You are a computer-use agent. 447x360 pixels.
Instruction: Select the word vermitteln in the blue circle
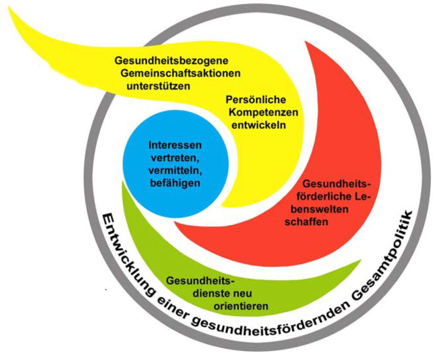[175, 170]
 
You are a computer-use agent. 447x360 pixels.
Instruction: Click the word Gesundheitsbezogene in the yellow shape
[172, 61]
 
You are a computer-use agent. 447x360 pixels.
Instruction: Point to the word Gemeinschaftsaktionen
[180, 73]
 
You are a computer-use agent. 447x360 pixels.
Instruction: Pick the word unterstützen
[158, 86]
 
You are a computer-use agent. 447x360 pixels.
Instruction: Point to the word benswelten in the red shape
[316, 210]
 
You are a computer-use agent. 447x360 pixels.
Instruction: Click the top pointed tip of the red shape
[307, 42]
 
